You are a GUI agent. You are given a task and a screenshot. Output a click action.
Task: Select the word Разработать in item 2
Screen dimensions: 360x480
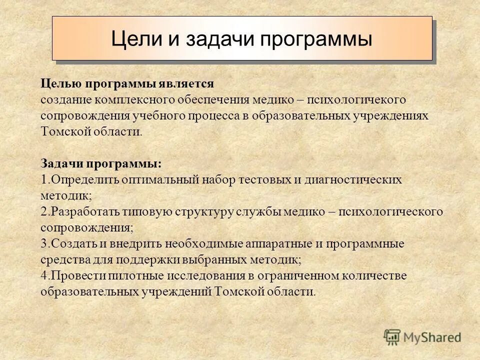pos(80,211)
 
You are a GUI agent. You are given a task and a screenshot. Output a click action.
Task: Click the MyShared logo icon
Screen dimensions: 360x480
pos(392,337)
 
